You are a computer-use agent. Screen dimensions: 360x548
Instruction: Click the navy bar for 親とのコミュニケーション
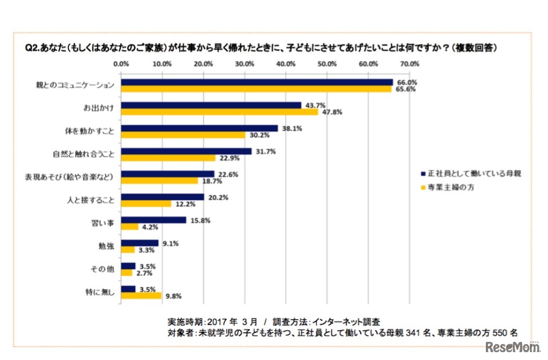(x=257, y=82)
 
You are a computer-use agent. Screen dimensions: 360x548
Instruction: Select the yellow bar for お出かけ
(x=220, y=112)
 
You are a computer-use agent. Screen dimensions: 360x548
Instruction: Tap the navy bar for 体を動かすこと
(x=200, y=128)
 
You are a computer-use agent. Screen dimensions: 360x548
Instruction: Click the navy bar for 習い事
(x=154, y=220)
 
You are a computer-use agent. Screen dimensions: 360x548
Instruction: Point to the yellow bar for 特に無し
(x=141, y=296)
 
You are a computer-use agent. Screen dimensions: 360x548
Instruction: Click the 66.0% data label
(x=403, y=82)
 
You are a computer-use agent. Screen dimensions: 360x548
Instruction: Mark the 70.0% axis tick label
(x=409, y=63)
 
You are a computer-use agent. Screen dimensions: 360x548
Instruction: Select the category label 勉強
(x=106, y=246)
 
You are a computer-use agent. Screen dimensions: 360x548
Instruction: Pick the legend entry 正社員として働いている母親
(x=469, y=173)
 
